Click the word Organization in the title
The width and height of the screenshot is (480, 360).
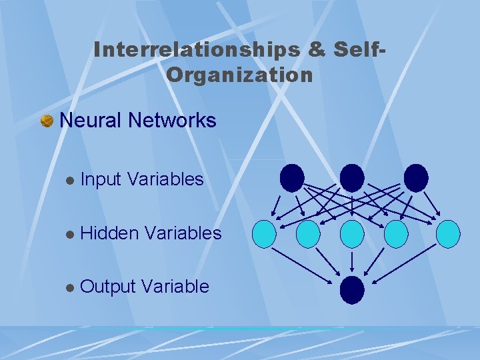click(239, 75)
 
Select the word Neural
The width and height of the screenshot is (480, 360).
click(91, 121)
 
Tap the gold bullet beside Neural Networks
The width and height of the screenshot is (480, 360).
click(47, 121)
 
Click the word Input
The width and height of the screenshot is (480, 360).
click(100, 179)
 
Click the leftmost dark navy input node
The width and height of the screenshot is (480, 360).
click(292, 178)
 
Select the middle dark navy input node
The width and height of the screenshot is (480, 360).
click(352, 178)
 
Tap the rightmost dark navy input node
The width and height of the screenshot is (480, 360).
click(415, 178)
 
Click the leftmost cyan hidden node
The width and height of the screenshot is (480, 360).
click(265, 234)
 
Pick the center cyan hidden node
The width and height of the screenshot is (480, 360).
click(352, 234)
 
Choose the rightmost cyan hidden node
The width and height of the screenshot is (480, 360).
click(448, 234)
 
